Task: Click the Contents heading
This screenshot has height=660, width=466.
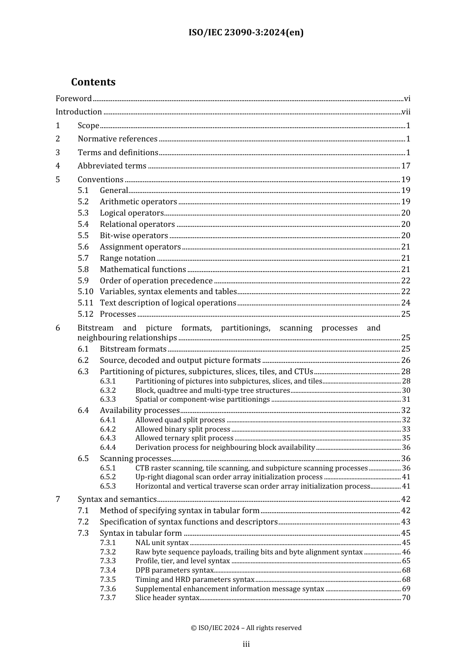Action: pos(93,82)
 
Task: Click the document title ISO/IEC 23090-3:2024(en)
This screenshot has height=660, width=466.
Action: pos(246,32)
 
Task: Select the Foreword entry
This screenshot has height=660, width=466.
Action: pos(74,98)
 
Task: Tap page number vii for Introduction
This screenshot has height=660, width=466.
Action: pos(406,112)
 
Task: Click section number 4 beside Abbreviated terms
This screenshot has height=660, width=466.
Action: pos(58,166)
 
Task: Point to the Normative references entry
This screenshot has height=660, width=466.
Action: pos(117,139)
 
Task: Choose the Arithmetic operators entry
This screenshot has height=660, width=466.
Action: pos(138,202)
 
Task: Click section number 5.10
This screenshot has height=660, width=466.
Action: pos(85,292)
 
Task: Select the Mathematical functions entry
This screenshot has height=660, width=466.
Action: pos(143,270)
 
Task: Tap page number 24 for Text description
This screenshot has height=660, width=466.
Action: pos(406,303)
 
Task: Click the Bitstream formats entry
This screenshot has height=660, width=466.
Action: pos(133,349)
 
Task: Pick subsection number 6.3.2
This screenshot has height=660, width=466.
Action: pos(108,390)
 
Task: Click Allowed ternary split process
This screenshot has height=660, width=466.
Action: pos(184,438)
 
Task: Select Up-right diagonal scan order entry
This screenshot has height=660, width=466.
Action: pos(229,477)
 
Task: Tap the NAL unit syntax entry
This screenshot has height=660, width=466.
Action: pos(162,543)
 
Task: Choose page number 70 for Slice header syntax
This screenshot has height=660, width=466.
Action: pos(406,598)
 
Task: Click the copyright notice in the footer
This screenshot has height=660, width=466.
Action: pos(246,628)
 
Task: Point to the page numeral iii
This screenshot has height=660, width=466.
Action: pos(246,644)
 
